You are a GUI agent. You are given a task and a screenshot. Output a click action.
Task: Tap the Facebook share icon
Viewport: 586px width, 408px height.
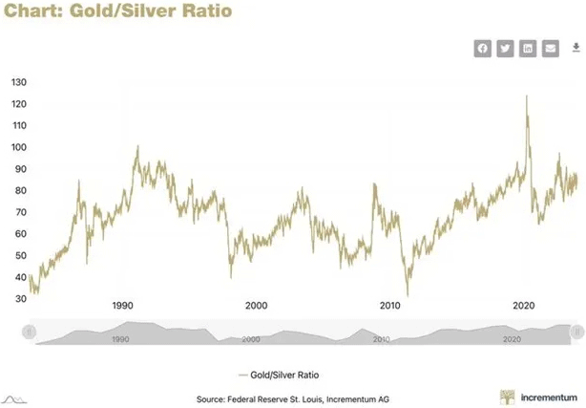(483, 49)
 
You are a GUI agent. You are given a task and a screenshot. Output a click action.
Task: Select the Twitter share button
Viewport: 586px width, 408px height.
(505, 49)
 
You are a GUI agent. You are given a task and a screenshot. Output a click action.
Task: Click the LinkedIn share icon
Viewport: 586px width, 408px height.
(528, 49)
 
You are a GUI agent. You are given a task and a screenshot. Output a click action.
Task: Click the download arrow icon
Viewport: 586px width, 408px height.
(576, 48)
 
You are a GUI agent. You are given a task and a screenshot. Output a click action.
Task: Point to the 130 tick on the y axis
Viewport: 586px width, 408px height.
(19, 82)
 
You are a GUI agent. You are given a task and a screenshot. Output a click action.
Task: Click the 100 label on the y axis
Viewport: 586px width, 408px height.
(19, 147)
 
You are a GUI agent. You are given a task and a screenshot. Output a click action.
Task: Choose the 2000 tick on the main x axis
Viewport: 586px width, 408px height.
(255, 306)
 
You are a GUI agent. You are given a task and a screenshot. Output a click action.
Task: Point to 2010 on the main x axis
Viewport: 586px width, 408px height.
(389, 306)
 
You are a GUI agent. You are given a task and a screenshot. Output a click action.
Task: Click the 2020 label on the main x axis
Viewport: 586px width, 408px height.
(523, 306)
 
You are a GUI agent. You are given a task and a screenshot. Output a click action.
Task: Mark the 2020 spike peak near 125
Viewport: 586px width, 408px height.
(527, 96)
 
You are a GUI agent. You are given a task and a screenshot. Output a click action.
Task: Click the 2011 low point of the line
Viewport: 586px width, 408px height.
(408, 294)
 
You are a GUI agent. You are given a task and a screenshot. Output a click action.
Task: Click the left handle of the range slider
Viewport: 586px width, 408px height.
(30, 331)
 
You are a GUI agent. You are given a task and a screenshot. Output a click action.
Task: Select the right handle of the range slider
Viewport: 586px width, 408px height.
(576, 331)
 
